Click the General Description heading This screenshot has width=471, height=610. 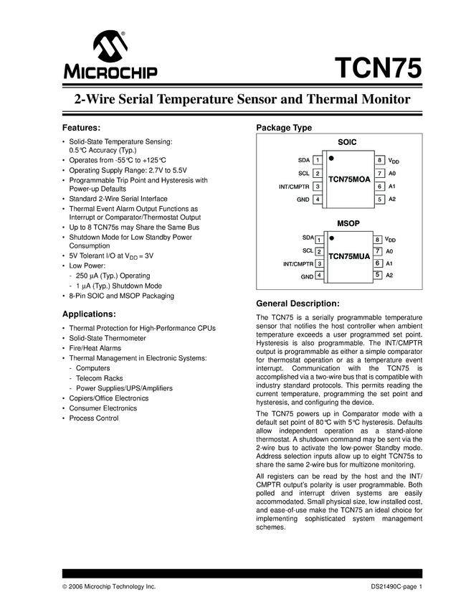[x=298, y=303]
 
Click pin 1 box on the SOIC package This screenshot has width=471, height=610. [x=317, y=160]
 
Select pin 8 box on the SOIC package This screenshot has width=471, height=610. [x=379, y=160]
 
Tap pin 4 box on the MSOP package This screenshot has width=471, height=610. [x=319, y=276]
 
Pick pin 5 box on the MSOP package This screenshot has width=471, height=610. [x=377, y=275]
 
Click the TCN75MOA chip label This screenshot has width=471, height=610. [x=348, y=178]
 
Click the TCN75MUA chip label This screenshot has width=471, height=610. [x=348, y=255]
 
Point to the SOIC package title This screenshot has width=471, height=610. [x=348, y=143]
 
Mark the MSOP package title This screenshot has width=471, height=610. [x=348, y=223]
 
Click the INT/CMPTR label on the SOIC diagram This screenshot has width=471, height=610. [x=294, y=187]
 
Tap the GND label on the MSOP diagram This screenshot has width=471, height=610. [x=307, y=276]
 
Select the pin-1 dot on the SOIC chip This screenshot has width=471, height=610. [x=332, y=156]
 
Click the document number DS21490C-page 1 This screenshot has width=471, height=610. [x=393, y=587]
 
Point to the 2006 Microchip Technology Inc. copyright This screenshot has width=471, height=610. [x=108, y=587]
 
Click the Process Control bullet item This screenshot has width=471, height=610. [x=94, y=418]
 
